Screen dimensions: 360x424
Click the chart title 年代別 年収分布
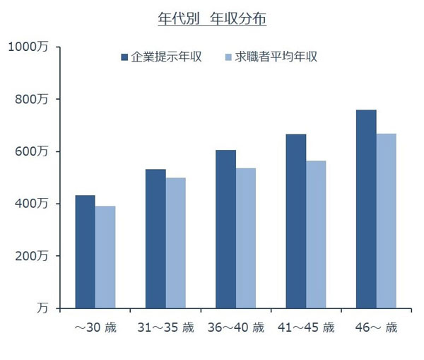tap(212, 20)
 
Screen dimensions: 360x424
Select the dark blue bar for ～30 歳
tap(85, 252)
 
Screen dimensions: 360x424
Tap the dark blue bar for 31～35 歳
tap(155, 239)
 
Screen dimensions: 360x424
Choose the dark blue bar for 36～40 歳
tap(225, 229)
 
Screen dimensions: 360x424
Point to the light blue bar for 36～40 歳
tap(246, 238)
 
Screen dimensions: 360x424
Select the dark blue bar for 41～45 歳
tap(296, 221)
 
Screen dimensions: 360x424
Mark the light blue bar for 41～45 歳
tap(316, 234)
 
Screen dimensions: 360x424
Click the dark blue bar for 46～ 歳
tap(366, 209)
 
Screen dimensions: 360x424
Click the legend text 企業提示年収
tap(167, 57)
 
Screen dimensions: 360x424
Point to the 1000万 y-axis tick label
tap(28, 47)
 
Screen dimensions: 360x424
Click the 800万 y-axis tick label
tap(32, 100)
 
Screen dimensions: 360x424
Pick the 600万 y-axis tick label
tap(32, 152)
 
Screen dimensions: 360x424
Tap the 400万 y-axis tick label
tap(32, 204)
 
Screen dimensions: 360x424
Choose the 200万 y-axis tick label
tap(32, 256)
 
